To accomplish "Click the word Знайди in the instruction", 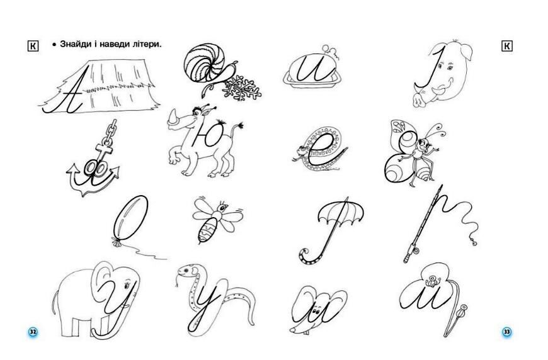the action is pos(74,44).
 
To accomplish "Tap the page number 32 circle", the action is pos(33,332).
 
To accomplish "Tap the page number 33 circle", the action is pos(506,332).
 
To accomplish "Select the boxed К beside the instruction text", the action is pos(33,46).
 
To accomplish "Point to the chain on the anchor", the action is pos(109,133).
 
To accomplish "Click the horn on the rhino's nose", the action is pos(173,116).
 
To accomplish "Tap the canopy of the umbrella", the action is pos(340,212).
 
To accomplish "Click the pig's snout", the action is pos(418,99).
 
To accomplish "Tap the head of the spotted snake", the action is pos(186,271).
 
